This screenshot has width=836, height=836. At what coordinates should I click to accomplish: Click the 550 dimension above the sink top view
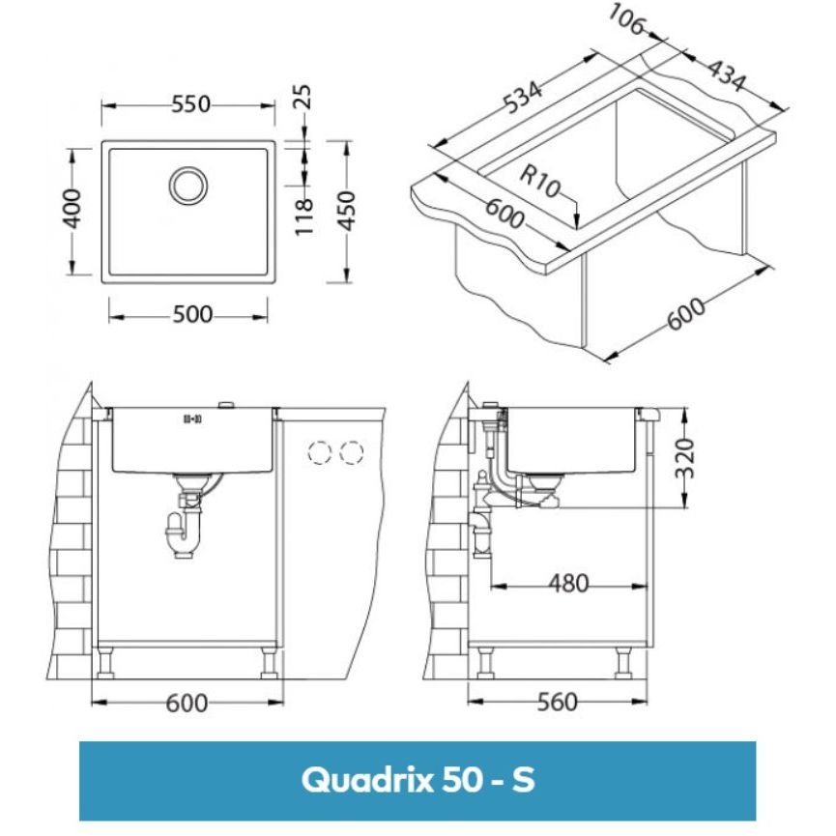[190, 105]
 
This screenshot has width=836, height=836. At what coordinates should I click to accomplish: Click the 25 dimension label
[303, 97]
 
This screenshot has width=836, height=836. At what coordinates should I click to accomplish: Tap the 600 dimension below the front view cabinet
[187, 702]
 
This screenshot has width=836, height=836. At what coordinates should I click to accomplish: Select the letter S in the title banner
[522, 779]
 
